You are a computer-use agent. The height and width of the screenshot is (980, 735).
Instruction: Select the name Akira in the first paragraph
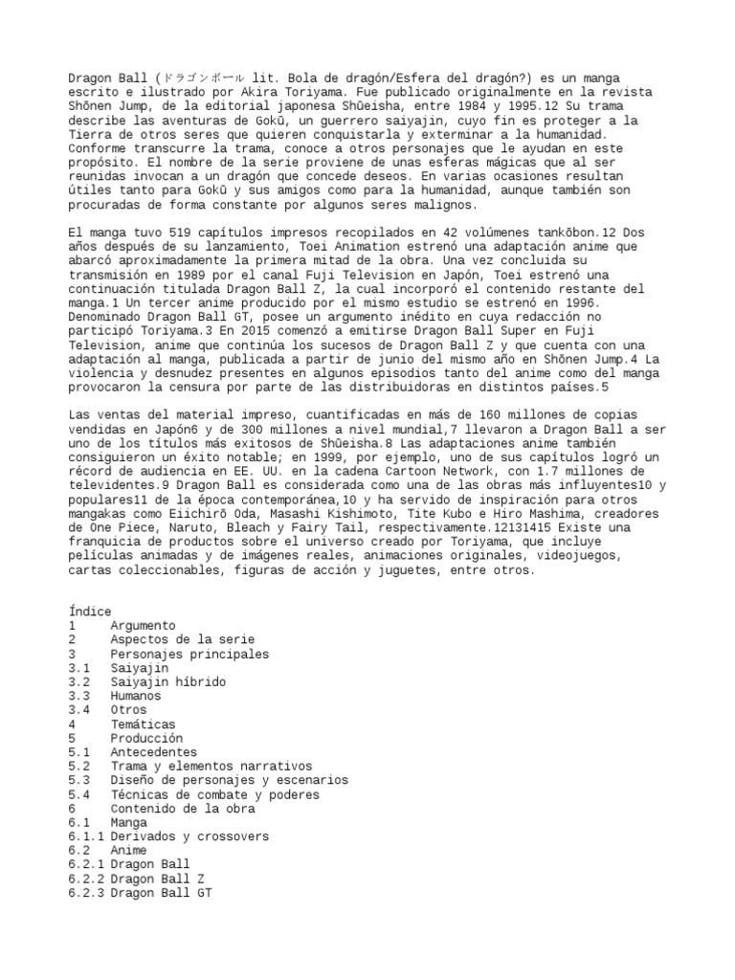pyautogui.click(x=257, y=91)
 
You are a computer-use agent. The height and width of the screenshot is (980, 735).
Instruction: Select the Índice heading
pyautogui.click(x=91, y=612)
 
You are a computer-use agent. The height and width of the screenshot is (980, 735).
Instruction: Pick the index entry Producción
pyautogui.click(x=145, y=739)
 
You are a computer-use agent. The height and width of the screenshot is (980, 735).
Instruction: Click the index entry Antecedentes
pyautogui.click(x=152, y=752)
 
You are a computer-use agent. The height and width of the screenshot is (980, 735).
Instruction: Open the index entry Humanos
pyautogui.click(x=135, y=696)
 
